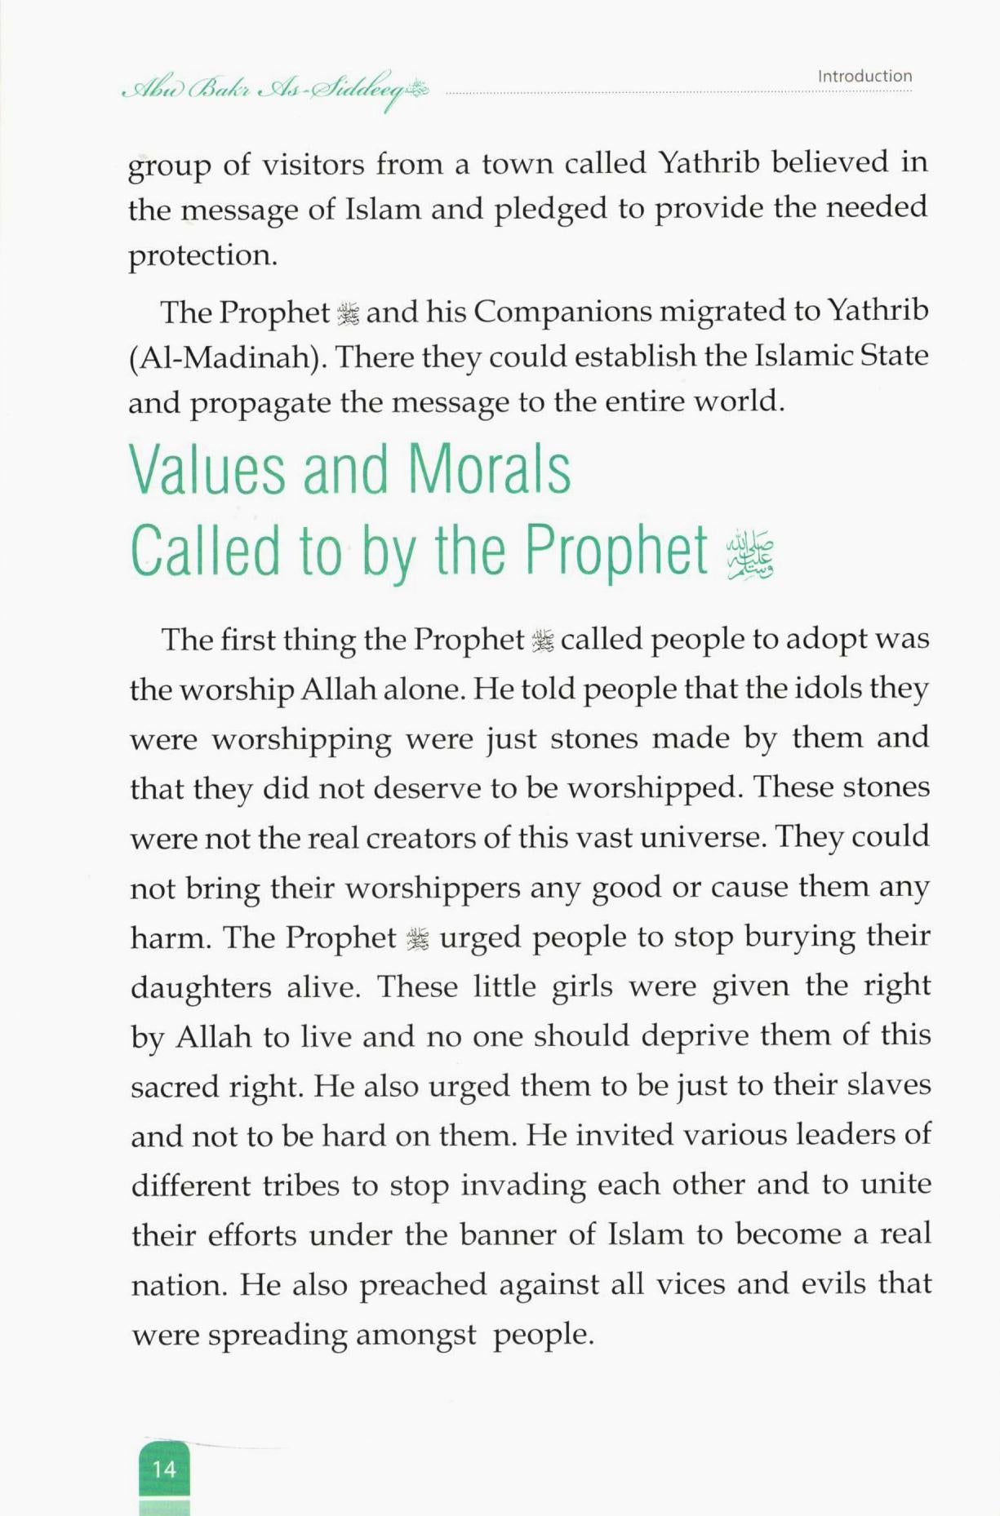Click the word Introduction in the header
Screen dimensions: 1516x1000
pos(864,76)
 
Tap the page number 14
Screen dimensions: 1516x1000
pos(164,1469)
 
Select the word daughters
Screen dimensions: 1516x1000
pos(201,988)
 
